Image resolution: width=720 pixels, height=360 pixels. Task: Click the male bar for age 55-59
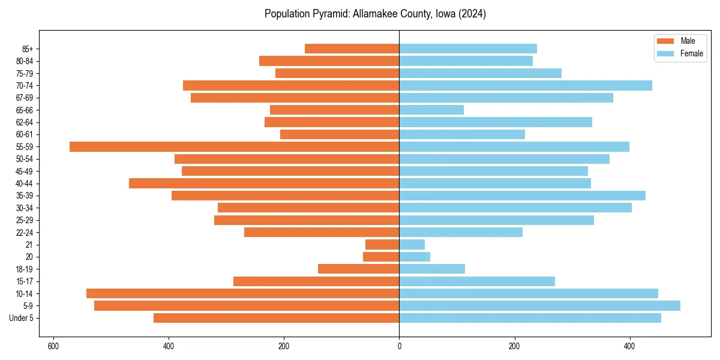tap(234, 146)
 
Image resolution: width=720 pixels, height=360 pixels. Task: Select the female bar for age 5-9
tap(539, 305)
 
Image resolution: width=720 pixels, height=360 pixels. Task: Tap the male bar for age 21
tap(382, 244)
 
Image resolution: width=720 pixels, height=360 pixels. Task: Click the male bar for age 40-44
tap(264, 183)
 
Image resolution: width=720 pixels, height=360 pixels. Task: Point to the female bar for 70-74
tap(526, 85)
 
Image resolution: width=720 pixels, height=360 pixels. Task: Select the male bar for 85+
tap(352, 49)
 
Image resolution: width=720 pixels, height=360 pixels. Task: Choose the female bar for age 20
tap(415, 257)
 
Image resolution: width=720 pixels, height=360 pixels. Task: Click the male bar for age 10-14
tap(242, 293)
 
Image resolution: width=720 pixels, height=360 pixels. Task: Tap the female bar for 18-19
tap(432, 269)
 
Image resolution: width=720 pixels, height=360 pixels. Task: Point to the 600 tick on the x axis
tap(53, 346)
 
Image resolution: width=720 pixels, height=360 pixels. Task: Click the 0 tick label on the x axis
tap(399, 346)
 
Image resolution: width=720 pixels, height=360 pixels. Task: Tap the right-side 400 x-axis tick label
tap(629, 346)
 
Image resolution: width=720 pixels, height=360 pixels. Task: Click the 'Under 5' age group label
tap(21, 318)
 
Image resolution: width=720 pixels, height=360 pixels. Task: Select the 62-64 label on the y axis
tap(25, 122)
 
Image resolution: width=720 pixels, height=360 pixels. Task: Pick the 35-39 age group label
tap(25, 196)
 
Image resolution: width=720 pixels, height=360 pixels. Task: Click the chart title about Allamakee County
tap(375, 14)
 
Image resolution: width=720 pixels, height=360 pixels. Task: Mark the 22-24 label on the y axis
tap(25, 232)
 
